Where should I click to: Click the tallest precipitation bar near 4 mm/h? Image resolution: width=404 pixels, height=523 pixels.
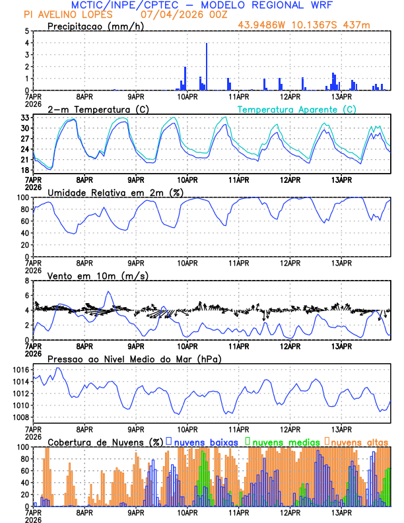coord(207,66)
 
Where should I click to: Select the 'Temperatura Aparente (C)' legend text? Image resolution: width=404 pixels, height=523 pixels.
coord(296,109)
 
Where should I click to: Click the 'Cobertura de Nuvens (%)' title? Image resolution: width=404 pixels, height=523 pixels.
coord(105,441)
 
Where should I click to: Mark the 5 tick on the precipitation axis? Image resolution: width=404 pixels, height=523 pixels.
coord(27,31)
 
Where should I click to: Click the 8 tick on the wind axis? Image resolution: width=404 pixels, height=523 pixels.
coord(27,281)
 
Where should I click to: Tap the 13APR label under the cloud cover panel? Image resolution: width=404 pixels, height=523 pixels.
coord(341,512)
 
